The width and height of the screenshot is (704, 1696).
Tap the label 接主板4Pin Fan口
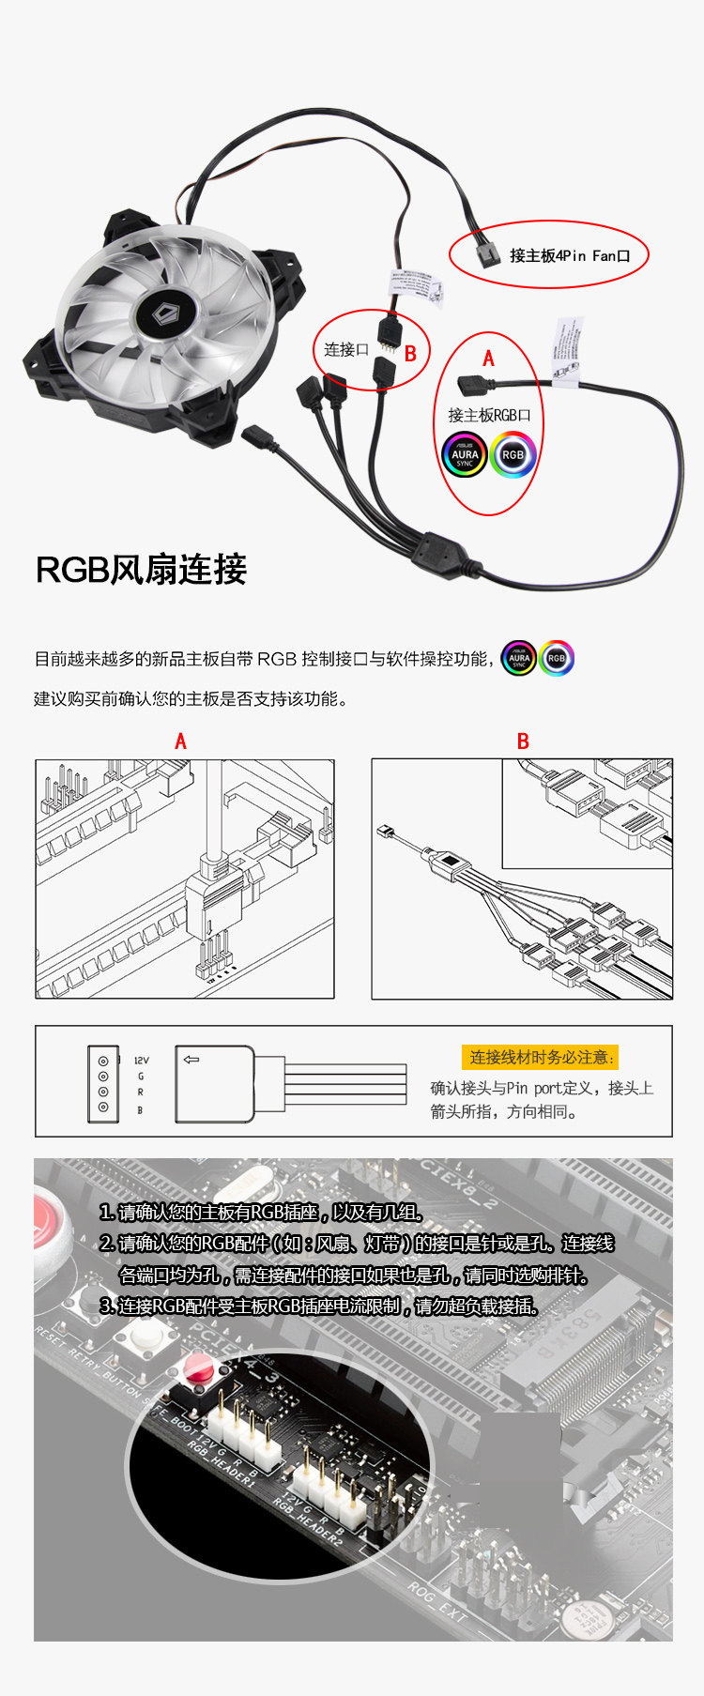coord(570,255)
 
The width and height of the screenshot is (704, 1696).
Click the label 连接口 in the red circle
coord(346,350)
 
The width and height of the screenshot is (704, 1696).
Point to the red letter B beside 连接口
coord(410,354)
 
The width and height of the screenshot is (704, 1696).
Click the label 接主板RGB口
coord(489,415)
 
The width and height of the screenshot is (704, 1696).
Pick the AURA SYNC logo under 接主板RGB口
coord(465,455)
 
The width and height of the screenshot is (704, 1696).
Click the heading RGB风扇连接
coord(141,570)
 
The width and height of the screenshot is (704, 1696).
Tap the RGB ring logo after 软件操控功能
coord(557,658)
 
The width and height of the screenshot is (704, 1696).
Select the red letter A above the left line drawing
coord(180,741)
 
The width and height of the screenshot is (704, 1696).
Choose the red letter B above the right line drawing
coord(523,741)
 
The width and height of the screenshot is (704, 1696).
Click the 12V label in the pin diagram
coord(141,1061)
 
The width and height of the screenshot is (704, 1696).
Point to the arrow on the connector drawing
coord(191,1060)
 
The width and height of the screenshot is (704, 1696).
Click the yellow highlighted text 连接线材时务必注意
coord(540,1058)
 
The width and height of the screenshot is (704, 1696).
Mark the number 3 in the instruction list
coord(106,1306)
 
